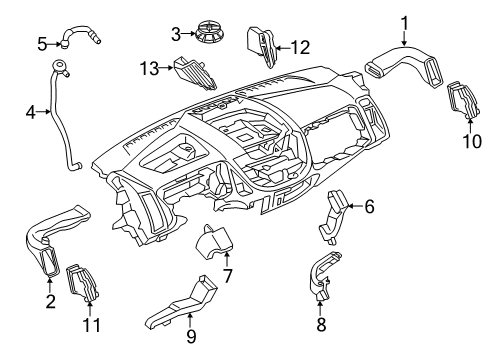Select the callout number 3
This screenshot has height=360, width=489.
tap(176, 35)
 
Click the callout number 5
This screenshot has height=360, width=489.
tap(42, 43)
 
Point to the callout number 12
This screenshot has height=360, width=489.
tap(300, 45)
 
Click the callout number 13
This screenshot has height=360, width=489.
tap(150, 67)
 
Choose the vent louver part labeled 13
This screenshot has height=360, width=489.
tap(190, 72)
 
